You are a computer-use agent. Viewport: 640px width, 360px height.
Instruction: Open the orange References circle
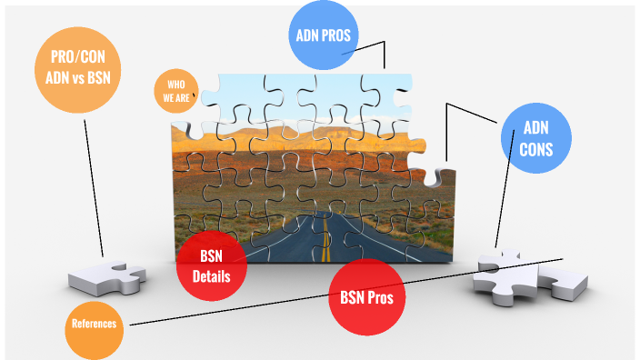[x=95, y=324]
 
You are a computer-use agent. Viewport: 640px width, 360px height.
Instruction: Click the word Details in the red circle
[x=211, y=276]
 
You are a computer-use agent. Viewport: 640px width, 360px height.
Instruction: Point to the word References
[x=95, y=324]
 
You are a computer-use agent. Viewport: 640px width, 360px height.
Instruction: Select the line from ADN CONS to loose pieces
[x=514, y=200]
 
